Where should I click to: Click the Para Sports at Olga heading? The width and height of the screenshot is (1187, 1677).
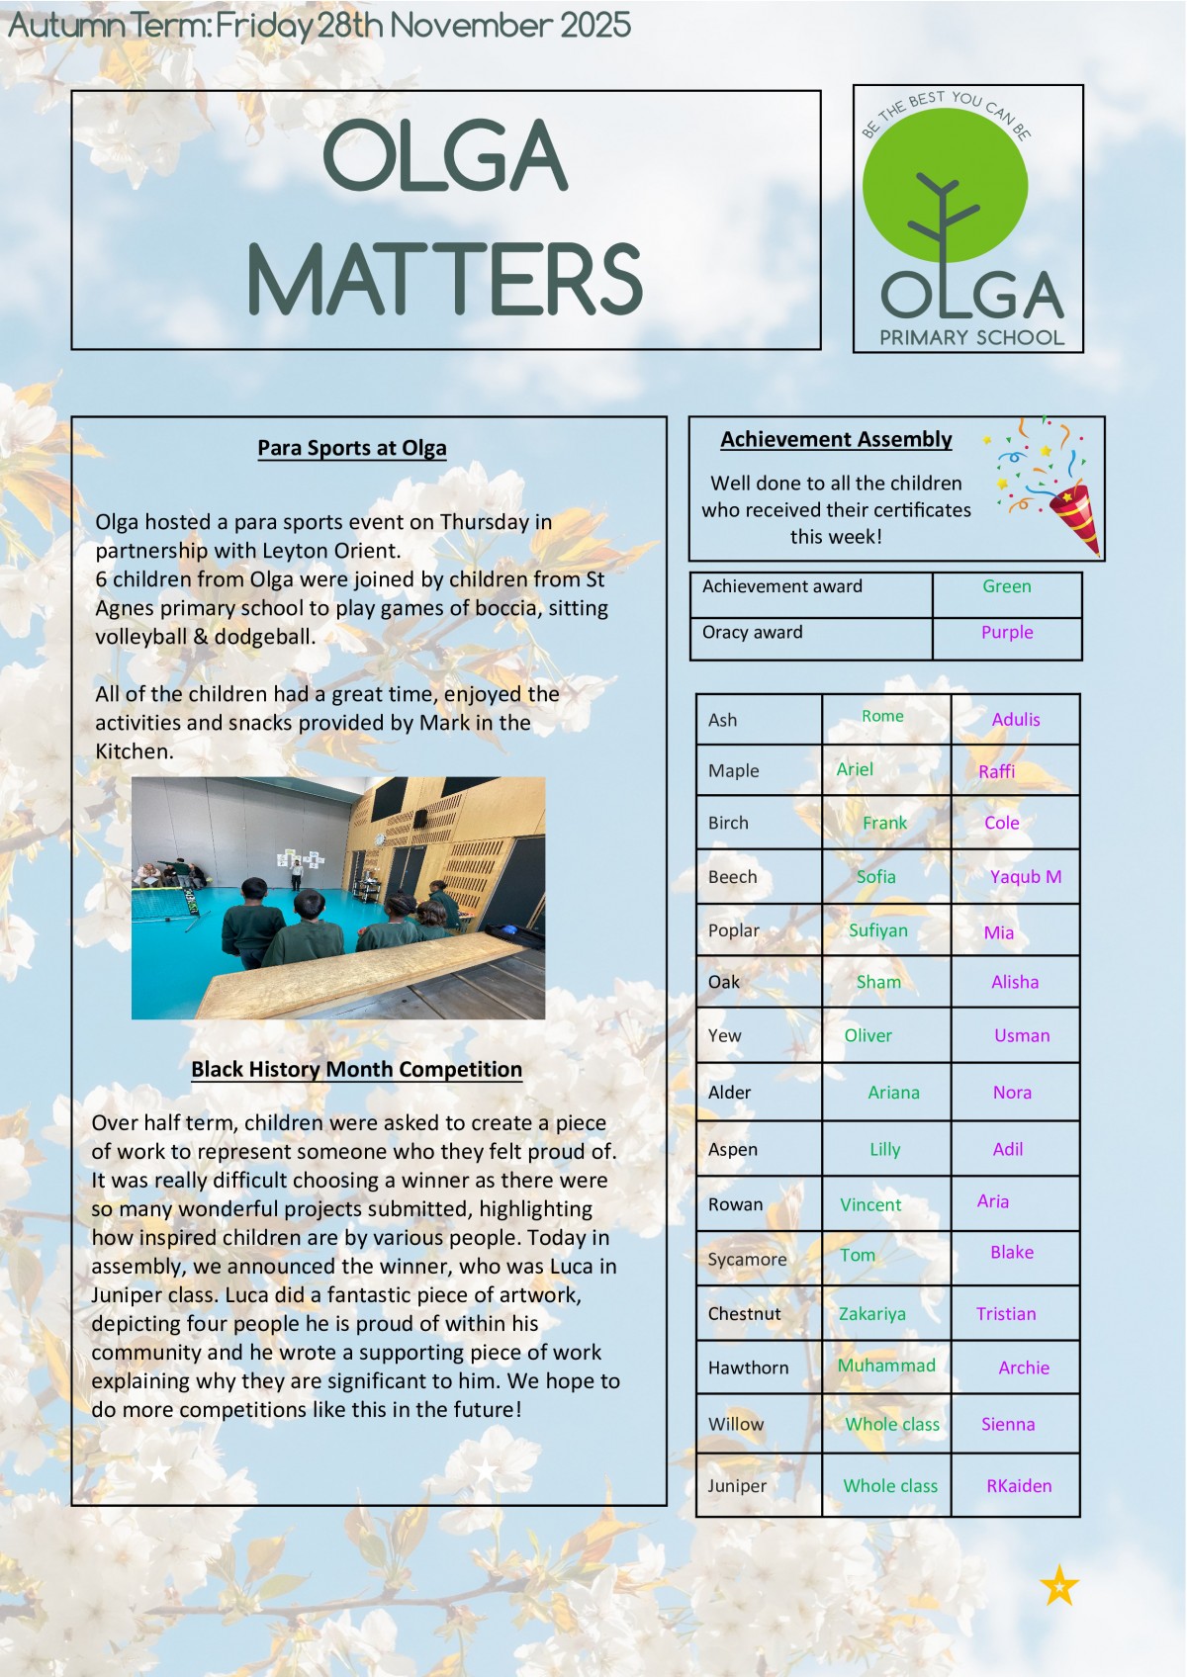pyautogui.click(x=352, y=448)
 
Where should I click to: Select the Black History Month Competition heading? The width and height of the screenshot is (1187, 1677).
pyautogui.click(x=356, y=1069)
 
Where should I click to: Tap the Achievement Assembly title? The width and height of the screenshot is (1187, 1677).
pyautogui.click(x=836, y=439)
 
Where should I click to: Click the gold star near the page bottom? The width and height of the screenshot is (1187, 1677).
pyautogui.click(x=1059, y=1586)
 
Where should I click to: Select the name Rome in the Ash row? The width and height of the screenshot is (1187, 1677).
pyautogui.click(x=882, y=716)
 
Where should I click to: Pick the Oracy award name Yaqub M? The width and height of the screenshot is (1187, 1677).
pyautogui.click(x=1026, y=877)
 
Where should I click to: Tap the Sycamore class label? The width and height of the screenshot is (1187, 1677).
pyautogui.click(x=747, y=1259)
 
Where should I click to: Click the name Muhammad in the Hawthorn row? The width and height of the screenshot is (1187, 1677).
pyautogui.click(x=886, y=1366)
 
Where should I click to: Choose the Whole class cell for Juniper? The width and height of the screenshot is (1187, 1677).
pyautogui.click(x=890, y=1485)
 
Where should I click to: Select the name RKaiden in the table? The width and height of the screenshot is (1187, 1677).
pyautogui.click(x=1019, y=1485)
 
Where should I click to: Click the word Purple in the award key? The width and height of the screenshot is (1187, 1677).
pyautogui.click(x=1007, y=633)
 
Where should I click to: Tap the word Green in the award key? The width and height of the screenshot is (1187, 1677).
pyautogui.click(x=1007, y=586)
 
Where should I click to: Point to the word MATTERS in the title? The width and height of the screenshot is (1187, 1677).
pyautogui.click(x=445, y=280)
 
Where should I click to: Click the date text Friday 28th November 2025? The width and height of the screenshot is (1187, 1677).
pyautogui.click(x=423, y=25)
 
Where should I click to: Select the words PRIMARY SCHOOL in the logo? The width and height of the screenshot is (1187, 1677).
pyautogui.click(x=972, y=338)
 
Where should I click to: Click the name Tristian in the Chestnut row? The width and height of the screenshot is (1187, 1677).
pyautogui.click(x=1006, y=1314)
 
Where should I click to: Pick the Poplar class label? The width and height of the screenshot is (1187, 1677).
pyautogui.click(x=734, y=930)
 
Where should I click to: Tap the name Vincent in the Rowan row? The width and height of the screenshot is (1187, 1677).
pyautogui.click(x=870, y=1204)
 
